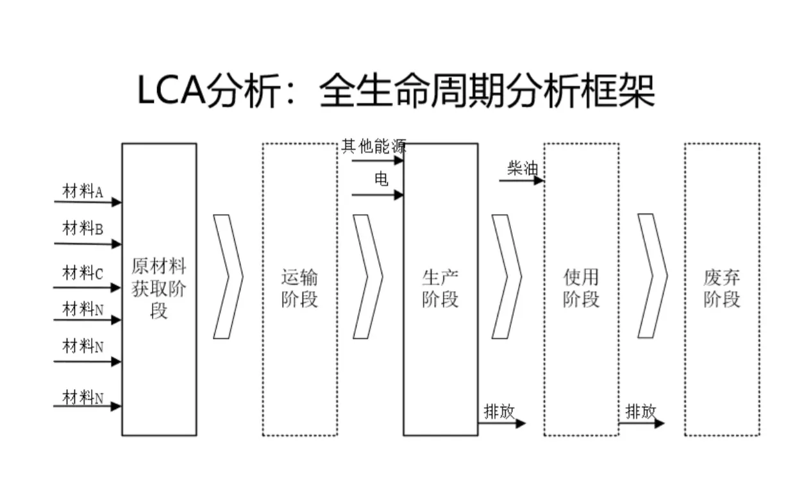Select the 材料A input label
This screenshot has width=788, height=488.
coord(83,190)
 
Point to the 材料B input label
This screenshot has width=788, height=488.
coord(83,228)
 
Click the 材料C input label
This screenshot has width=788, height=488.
coord(83,273)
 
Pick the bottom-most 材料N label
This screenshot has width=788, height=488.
coord(83,398)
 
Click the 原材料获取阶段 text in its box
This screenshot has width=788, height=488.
coord(159,288)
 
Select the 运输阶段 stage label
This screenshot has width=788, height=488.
coord(299,289)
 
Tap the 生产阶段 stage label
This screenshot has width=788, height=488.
coord(440,289)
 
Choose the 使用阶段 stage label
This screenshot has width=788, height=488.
coord(581,289)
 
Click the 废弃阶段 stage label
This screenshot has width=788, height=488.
coord(722,289)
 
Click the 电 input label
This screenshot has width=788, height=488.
coord(381,180)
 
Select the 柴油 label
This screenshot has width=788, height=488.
coord(522,169)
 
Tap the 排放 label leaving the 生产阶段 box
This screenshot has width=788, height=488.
coord(499,412)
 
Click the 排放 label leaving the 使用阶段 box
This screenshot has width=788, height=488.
coord(641,412)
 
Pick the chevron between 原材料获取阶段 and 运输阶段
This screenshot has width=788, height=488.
coord(228,276)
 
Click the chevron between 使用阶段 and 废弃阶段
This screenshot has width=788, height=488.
coord(652,276)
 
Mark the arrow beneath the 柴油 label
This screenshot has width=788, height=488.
coord(521,181)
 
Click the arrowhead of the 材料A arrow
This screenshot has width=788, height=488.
coord(117,203)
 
